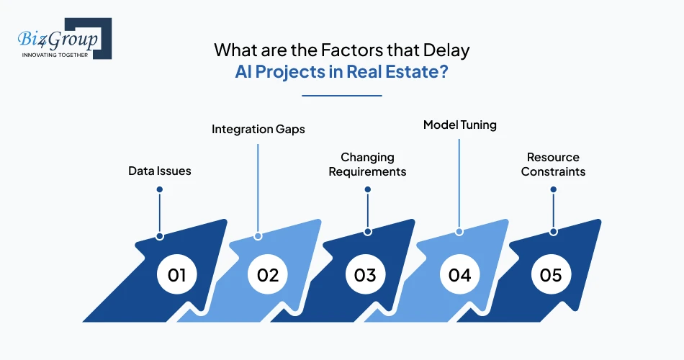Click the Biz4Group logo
click(x=65, y=38)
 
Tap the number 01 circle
click(x=176, y=275)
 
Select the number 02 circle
click(x=267, y=275)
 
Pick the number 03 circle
click(x=365, y=275)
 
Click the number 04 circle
click(x=460, y=275)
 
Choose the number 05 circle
click(x=551, y=275)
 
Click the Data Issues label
click(x=160, y=171)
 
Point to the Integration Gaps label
click(x=258, y=129)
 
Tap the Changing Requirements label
click(x=367, y=164)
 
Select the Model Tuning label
click(x=460, y=125)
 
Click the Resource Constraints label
click(x=553, y=164)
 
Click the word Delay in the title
click(x=446, y=50)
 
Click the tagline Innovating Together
click(x=55, y=55)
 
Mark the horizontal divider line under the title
click(x=341, y=96)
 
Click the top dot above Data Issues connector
click(x=160, y=189)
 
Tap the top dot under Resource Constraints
click(x=553, y=189)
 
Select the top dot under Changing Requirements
click(x=368, y=189)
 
